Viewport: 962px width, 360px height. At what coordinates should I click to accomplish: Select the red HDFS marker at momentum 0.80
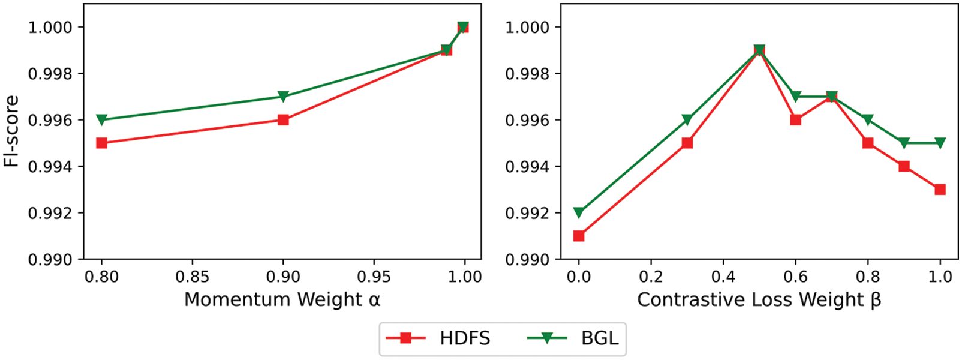pyautogui.click(x=101, y=143)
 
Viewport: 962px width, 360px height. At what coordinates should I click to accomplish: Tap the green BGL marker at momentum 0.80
pyautogui.click(x=101, y=120)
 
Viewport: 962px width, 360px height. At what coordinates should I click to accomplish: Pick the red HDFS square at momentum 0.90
pyautogui.click(x=284, y=120)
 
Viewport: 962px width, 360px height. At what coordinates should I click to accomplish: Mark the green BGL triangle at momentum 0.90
pyautogui.click(x=284, y=97)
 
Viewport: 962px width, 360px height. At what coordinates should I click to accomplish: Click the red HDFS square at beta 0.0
pyautogui.click(x=579, y=236)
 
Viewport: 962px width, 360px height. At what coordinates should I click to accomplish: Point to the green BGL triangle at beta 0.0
pyautogui.click(x=579, y=212)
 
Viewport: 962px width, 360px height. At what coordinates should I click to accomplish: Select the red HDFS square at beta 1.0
pyautogui.click(x=940, y=190)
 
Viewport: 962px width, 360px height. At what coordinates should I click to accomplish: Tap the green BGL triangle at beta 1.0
pyautogui.click(x=940, y=143)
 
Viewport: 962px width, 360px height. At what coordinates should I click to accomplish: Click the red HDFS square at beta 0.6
pyautogui.click(x=795, y=120)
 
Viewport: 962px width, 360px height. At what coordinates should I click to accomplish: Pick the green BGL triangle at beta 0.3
pyautogui.click(x=687, y=120)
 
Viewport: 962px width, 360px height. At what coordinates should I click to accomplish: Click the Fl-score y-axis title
pyautogui.click(x=11, y=131)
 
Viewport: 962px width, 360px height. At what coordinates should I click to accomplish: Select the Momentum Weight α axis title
pyautogui.click(x=282, y=299)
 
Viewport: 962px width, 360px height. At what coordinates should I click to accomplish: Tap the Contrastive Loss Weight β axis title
pyautogui.click(x=759, y=299)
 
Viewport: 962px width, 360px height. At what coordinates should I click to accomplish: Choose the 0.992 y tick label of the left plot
pyautogui.click(x=50, y=213)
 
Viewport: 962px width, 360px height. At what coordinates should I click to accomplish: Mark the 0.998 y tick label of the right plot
pyautogui.click(x=527, y=74)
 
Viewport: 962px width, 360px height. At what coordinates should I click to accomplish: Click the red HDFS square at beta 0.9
pyautogui.click(x=904, y=166)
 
